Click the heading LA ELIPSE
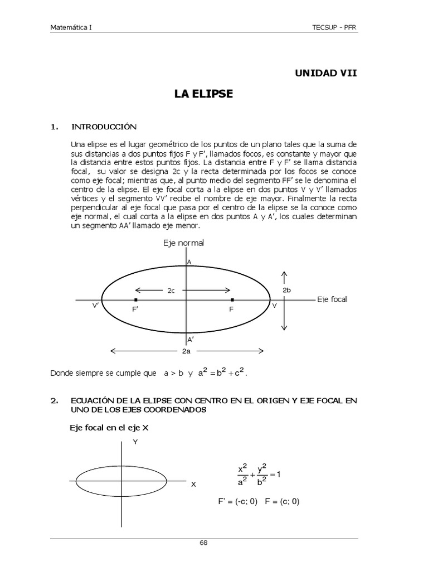(x=203, y=94)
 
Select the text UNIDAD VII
(x=325, y=73)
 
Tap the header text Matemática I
(x=72, y=27)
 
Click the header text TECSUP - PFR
(x=334, y=27)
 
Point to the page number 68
(x=203, y=543)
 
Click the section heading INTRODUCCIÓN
(x=104, y=127)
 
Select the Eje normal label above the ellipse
(x=183, y=243)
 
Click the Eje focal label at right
(x=332, y=299)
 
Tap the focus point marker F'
(x=136, y=300)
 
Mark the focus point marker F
(x=232, y=300)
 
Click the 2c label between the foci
(x=172, y=290)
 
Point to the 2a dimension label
(x=187, y=351)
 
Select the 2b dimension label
(x=286, y=291)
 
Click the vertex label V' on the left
(x=95, y=306)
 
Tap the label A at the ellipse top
(x=189, y=262)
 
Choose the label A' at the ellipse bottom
(x=191, y=338)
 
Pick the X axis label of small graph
(x=193, y=485)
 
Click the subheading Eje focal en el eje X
(x=109, y=428)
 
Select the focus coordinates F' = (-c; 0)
(x=237, y=501)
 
